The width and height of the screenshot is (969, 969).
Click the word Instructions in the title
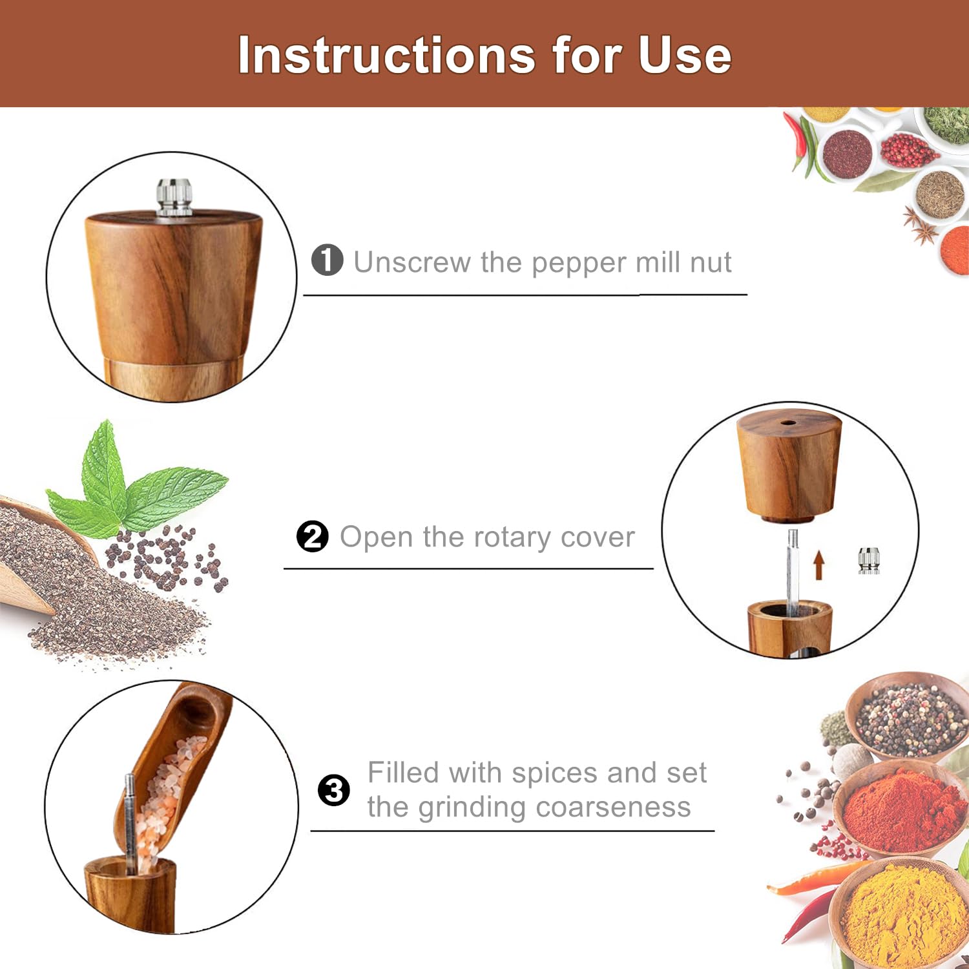[386, 55]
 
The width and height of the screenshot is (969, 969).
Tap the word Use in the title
[685, 55]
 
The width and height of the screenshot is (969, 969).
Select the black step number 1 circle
[327, 260]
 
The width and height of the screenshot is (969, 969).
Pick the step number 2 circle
[313, 536]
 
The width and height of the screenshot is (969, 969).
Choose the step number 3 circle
[334, 790]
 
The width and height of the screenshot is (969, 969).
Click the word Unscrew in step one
[412, 262]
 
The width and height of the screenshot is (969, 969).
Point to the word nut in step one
[711, 263]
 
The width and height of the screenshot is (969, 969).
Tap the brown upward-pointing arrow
[818, 564]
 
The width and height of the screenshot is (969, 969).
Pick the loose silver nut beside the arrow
[869, 560]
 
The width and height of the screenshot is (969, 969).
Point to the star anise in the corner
[920, 224]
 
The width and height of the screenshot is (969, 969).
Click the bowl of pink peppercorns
[908, 151]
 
